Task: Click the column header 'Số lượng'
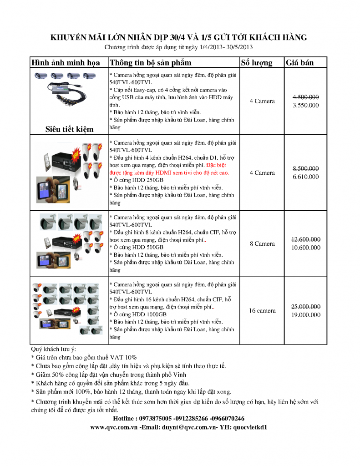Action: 256,63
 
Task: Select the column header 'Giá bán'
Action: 299,63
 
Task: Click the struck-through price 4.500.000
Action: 305,97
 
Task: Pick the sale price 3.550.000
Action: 305,105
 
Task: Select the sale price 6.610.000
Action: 306,177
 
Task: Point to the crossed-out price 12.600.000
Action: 305,240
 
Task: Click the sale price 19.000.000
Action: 306,314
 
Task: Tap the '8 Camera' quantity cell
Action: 262,243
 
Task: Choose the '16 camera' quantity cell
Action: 262,311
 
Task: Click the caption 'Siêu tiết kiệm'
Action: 69,129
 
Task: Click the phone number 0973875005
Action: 156,418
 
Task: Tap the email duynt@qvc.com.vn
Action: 185,427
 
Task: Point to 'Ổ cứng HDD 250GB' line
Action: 137,180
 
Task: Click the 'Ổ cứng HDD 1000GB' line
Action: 138,314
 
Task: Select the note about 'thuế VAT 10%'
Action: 84,358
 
